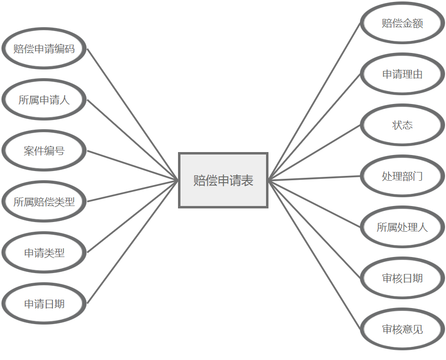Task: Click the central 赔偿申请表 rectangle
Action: coord(223,180)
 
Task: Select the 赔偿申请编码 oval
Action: coord(44,49)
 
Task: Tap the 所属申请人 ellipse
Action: coord(44,100)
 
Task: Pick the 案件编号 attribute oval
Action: coord(44,151)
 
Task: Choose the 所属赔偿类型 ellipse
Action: coord(44,202)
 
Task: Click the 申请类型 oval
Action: coord(44,253)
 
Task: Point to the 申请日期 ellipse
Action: coord(44,304)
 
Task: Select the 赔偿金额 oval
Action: coord(402,23)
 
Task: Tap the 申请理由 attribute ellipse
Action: coord(402,74)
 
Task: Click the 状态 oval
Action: coord(402,125)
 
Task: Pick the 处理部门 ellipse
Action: coord(402,176)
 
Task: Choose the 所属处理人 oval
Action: coord(402,227)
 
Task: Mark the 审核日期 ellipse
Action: coord(402,278)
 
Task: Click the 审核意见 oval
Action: coord(402,329)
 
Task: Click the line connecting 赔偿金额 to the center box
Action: coord(315,102)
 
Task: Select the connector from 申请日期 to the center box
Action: coord(133,242)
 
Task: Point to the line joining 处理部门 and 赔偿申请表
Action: coord(315,178)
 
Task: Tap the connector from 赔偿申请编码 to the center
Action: coord(133,115)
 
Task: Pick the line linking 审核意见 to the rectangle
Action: coord(315,255)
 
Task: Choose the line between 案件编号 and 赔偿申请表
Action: coord(133,166)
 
